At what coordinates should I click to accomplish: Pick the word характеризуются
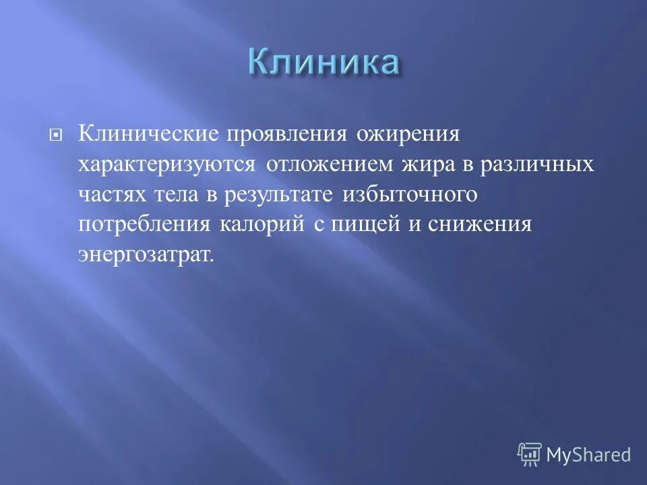(166, 165)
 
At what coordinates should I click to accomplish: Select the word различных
(546, 165)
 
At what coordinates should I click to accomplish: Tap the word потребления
(144, 225)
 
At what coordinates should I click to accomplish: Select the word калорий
(261, 225)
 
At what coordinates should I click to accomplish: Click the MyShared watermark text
(588, 455)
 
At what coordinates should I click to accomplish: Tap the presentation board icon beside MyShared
(529, 454)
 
